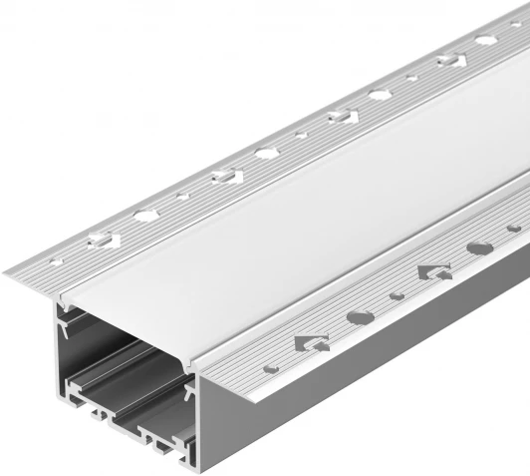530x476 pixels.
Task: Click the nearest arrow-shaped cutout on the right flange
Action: [310, 342]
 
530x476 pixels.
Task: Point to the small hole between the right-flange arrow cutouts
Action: [397, 294]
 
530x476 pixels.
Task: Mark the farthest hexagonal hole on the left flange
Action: [485, 41]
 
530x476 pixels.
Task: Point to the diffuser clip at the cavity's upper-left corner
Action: [67, 319]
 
